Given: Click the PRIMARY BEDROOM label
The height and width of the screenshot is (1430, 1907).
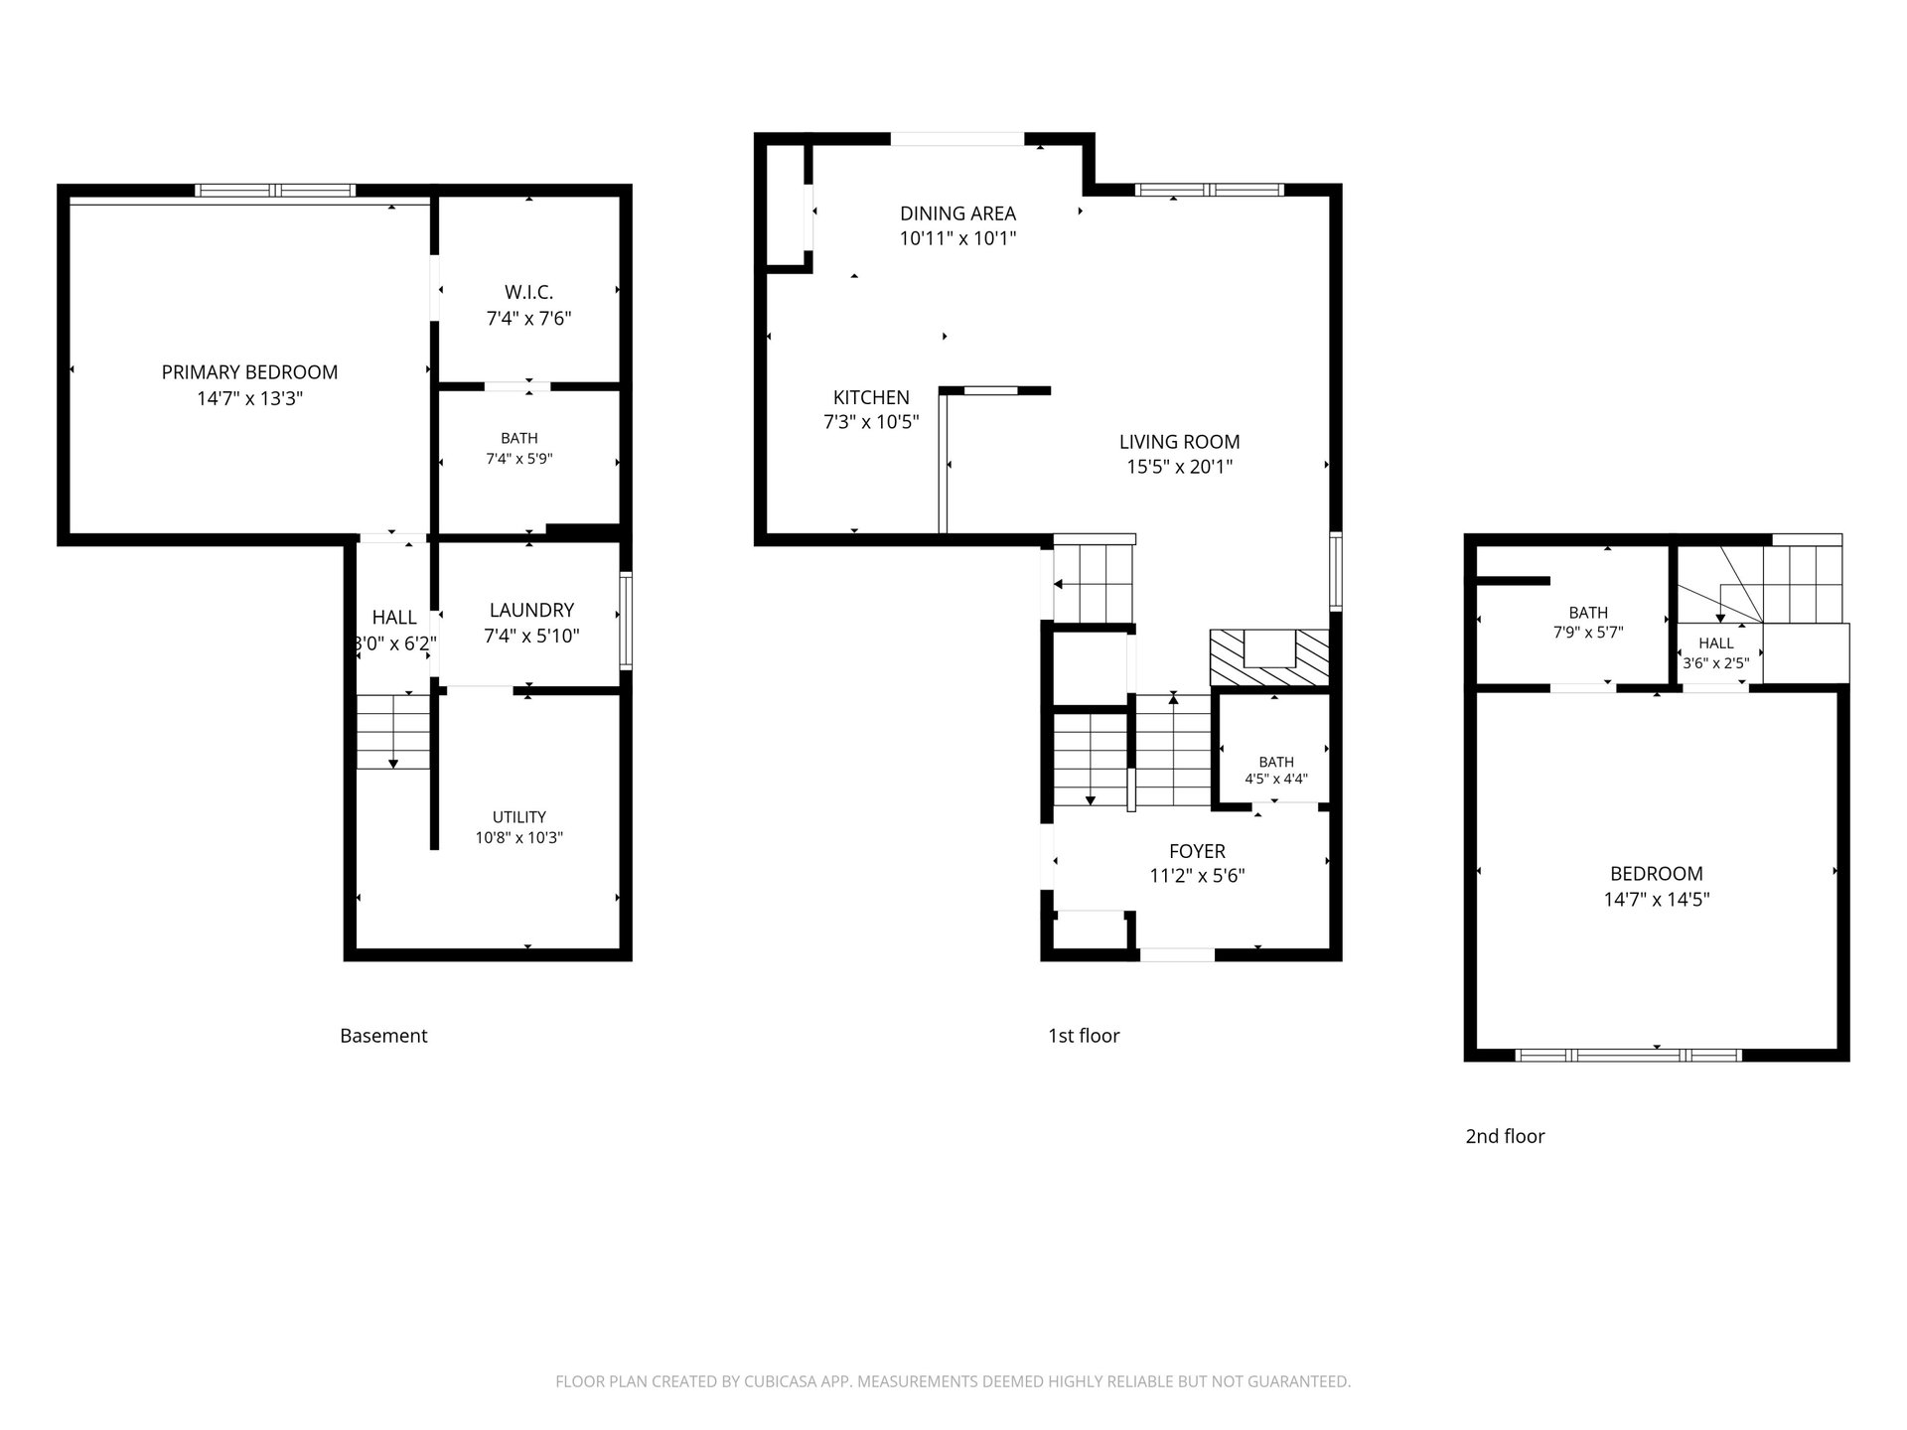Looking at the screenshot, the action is click(249, 372).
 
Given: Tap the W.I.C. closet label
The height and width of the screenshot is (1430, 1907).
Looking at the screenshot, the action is click(528, 293).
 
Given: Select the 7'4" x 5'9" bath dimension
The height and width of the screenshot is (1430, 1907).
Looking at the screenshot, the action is click(519, 459).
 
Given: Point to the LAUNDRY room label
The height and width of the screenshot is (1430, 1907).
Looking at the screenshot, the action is click(531, 610).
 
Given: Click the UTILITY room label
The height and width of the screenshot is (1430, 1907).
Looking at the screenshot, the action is click(519, 817).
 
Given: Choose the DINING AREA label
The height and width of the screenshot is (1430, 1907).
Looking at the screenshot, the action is click(957, 214).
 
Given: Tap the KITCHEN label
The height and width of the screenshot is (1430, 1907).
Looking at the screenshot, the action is click(871, 397).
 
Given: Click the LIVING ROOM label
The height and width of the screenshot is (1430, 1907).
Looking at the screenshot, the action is click(1179, 442).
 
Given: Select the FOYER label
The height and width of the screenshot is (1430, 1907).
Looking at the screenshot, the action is click(1197, 851).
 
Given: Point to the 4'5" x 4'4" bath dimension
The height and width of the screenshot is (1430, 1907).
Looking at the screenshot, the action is click(1276, 780).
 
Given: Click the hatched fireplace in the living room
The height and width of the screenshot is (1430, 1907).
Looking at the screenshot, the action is click(1269, 657).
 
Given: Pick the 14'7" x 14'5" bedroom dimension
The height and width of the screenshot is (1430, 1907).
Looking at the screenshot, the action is click(1657, 900).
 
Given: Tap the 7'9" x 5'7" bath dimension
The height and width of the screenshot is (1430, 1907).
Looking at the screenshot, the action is click(1588, 632).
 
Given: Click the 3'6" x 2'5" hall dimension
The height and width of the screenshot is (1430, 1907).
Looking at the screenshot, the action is click(1715, 662).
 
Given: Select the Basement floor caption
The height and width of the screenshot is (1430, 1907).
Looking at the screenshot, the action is click(383, 1036).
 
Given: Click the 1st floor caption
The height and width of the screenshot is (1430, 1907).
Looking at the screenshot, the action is click(1084, 1036).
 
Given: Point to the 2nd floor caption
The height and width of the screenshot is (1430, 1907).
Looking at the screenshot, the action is click(1505, 1136).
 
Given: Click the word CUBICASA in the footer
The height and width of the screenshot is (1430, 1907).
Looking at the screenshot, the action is click(785, 1381).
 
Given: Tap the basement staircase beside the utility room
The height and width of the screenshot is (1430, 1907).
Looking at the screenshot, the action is click(393, 732).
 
